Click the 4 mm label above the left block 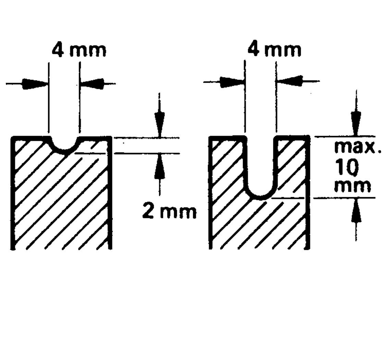click(79, 50)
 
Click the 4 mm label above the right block click(275, 50)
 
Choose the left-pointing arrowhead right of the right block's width click(290, 81)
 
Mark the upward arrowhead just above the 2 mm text click(159, 166)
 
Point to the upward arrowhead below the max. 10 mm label click(356, 210)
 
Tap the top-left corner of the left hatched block click(11, 136)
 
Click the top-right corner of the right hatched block click(309, 136)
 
